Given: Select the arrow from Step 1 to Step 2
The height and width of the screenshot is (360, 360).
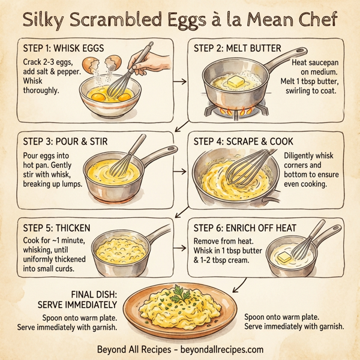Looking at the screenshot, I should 182,80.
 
